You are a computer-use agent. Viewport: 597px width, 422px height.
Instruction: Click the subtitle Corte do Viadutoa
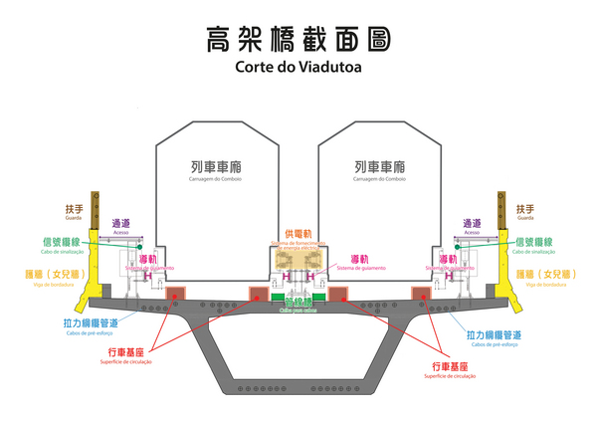pos(298,69)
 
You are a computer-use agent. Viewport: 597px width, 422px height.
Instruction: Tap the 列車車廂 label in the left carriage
pos(216,166)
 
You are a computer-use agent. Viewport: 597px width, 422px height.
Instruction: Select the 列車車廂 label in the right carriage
pos(379,166)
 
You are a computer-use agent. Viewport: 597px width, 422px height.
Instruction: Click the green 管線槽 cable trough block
pos(298,297)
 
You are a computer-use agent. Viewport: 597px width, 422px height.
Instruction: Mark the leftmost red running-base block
pos(176,293)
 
